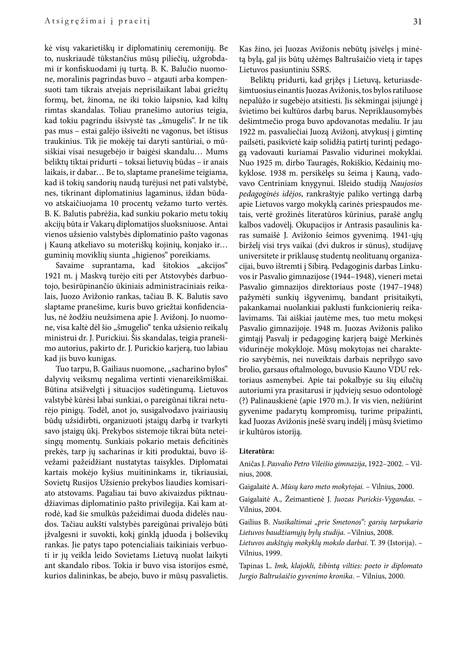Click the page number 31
[x=417, y=22]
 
